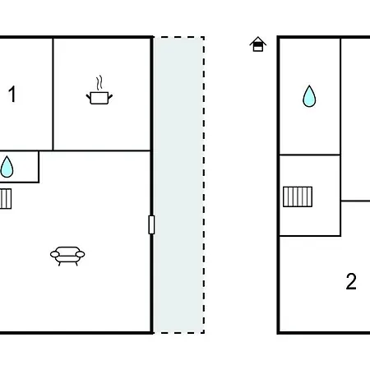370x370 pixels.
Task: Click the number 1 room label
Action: (x=12, y=95)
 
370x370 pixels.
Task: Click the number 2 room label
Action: (x=351, y=281)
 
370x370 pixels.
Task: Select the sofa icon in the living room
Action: (x=67, y=256)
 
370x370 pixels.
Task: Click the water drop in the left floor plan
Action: (x=7, y=167)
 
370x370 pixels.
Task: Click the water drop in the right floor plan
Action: (x=309, y=96)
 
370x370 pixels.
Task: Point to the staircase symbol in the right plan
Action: (x=298, y=197)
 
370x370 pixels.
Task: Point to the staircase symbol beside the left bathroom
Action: (x=6, y=199)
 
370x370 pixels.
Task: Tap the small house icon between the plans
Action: (x=258, y=44)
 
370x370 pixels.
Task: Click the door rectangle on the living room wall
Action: (x=151, y=224)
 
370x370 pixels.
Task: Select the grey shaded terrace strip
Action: (x=178, y=185)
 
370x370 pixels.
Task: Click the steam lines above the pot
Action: (x=99, y=83)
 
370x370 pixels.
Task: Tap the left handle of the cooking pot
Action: (x=89, y=97)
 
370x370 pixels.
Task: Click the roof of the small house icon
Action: (x=258, y=40)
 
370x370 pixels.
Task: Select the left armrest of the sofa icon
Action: (x=55, y=254)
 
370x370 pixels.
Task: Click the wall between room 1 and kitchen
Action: (x=53, y=94)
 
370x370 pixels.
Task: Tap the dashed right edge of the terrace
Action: (x=204, y=185)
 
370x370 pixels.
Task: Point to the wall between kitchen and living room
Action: (x=102, y=150)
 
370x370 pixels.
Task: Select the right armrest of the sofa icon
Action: (x=80, y=254)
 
